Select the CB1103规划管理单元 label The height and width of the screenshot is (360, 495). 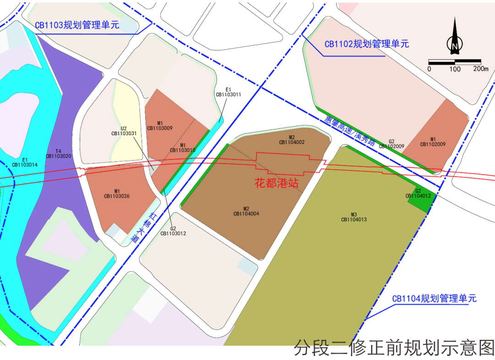point(77,25)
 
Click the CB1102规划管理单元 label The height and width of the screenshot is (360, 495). point(367,44)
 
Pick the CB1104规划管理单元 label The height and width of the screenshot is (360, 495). point(434,299)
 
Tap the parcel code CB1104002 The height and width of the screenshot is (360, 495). point(291,143)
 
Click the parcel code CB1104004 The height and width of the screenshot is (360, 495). point(246,213)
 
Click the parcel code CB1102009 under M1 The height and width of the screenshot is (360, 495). point(433,144)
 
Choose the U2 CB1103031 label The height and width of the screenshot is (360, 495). point(124,131)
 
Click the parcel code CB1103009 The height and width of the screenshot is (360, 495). point(159,128)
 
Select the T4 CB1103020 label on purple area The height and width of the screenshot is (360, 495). point(58,154)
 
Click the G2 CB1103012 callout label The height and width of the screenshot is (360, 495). point(173,231)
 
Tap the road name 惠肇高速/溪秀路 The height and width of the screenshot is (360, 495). point(350,130)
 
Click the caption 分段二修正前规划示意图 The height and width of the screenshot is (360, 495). point(394,348)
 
